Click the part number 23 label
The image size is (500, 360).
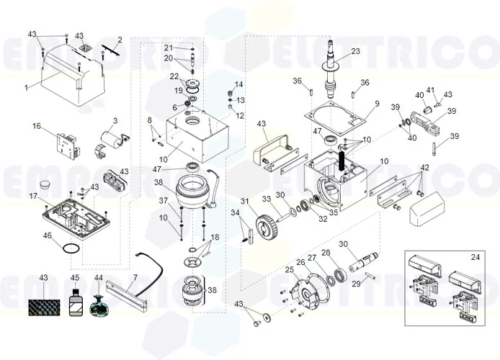pyautogui.click(x=355, y=51)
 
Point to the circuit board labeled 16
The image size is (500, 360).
pyautogui.click(x=68, y=145)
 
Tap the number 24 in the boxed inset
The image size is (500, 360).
pyautogui.click(x=475, y=257)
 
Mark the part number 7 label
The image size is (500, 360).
pyautogui.click(x=135, y=276)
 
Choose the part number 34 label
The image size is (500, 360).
pyautogui.click(x=235, y=212)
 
